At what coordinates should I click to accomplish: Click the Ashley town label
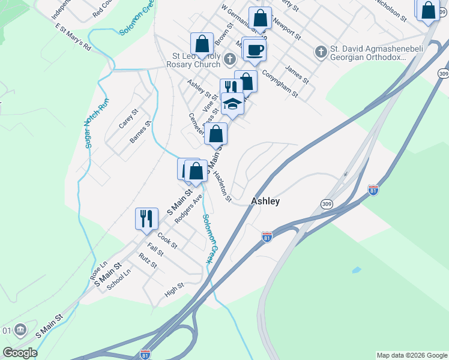[265, 202]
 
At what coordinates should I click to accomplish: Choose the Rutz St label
[147, 261]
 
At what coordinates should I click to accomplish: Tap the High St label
[173, 290]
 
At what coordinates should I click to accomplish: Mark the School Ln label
[118, 280]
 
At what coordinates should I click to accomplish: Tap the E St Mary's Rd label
[73, 38]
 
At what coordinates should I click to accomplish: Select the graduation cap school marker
[232, 104]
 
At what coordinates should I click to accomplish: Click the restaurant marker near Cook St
[146, 219]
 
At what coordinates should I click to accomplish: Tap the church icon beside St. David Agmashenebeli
[321, 52]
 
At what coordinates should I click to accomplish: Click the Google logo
[20, 353]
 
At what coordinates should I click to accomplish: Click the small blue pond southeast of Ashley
[357, 270]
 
